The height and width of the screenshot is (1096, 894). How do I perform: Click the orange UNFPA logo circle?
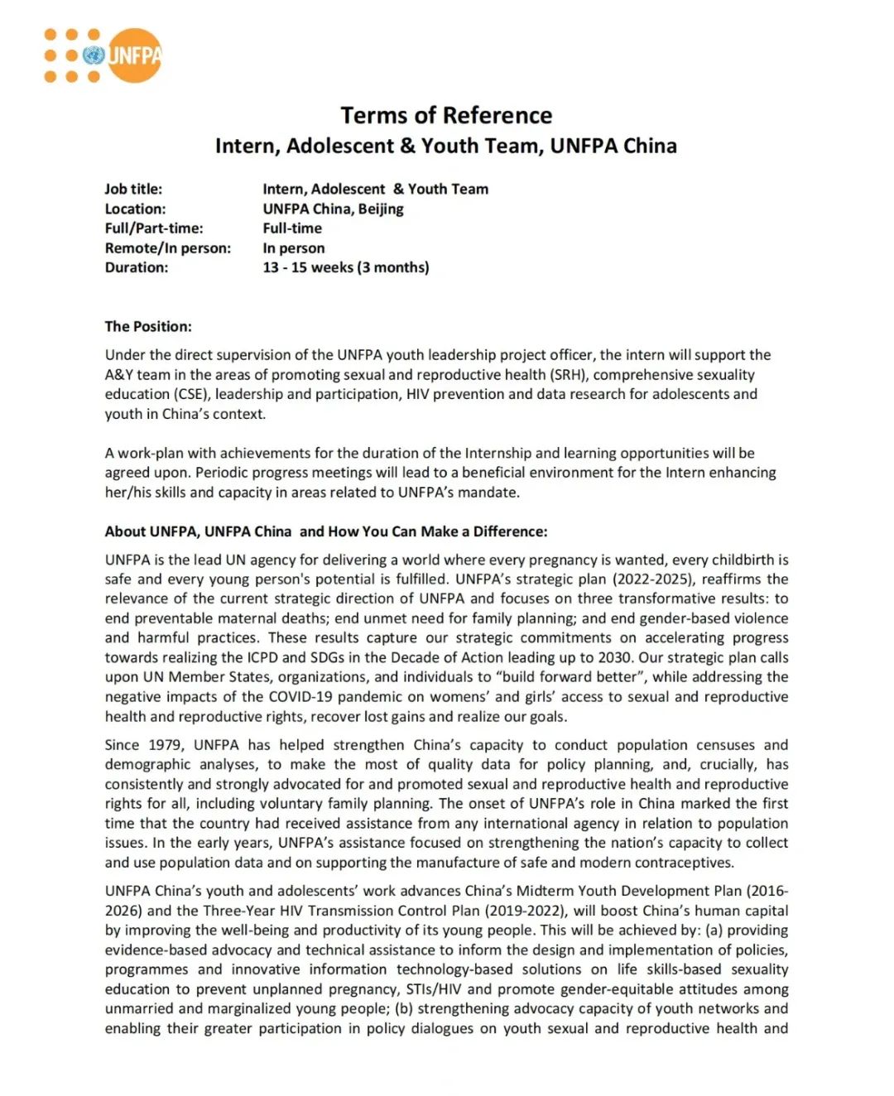[134, 55]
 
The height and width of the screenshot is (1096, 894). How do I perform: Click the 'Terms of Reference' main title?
[446, 115]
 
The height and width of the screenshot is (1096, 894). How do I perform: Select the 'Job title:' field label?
[133, 189]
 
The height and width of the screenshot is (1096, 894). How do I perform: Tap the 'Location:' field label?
[135, 209]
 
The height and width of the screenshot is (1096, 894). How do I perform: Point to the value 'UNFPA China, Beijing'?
[333, 209]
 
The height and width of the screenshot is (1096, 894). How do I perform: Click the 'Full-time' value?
[292, 228]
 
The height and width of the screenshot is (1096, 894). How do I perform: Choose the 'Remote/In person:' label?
[168, 248]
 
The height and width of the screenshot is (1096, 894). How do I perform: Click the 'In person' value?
[294, 248]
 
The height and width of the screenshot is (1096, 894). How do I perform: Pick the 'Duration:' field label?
[136, 267]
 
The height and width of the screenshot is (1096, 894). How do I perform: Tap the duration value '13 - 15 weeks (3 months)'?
[346, 267]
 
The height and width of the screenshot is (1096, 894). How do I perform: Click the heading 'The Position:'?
[148, 326]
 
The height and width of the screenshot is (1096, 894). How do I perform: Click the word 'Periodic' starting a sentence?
[227, 473]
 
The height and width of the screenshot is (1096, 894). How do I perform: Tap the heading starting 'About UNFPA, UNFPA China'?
[325, 531]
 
